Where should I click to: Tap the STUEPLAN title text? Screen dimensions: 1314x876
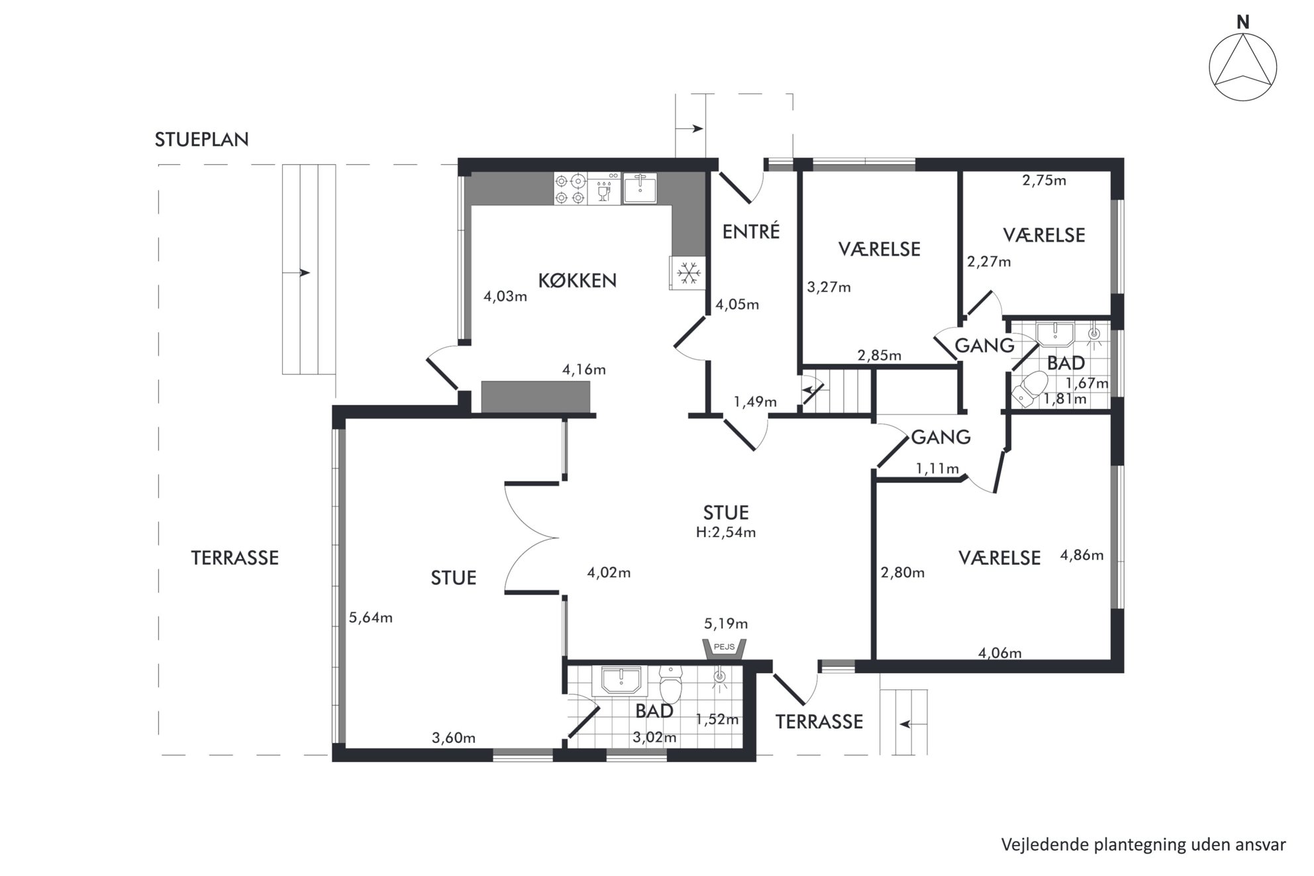(x=202, y=140)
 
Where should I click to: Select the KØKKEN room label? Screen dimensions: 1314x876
(x=577, y=281)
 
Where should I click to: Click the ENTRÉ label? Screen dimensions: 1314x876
(x=751, y=231)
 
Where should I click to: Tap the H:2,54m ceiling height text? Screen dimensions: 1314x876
(x=726, y=532)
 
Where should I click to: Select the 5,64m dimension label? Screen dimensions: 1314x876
(x=371, y=618)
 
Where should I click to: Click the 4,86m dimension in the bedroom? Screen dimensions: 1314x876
(x=1082, y=556)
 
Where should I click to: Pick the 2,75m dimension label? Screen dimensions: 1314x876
(x=1044, y=180)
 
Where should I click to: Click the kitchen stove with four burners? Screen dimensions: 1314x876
(x=570, y=188)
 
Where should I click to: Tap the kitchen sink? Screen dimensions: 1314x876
(x=639, y=188)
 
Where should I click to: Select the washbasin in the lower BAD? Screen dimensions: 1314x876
(x=621, y=680)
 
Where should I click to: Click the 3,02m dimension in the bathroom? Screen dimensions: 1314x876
(x=655, y=738)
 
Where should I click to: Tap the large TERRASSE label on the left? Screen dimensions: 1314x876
(x=235, y=558)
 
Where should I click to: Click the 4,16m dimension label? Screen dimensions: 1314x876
(x=584, y=369)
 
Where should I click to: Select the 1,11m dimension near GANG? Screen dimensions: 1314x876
(x=937, y=469)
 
